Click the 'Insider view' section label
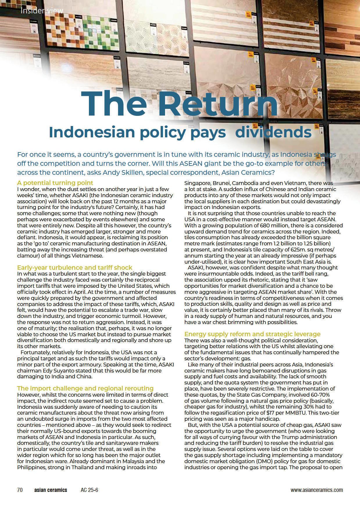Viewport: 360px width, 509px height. pos(42,11)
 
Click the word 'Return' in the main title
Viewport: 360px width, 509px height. pos(218,104)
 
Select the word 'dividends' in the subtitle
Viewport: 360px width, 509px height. pos(273,132)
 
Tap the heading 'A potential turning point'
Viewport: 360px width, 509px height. pos(55,183)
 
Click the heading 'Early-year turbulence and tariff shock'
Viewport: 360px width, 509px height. pos(75,267)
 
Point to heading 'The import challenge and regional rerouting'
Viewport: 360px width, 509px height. pos(85,388)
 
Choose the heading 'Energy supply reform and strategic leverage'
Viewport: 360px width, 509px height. pos(252,334)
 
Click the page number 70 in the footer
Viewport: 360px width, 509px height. pos(20,490)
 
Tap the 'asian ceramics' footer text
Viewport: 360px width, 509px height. pos(51,490)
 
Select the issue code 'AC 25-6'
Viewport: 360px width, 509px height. pos(89,490)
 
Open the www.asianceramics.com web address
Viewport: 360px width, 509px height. pos(316,490)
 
